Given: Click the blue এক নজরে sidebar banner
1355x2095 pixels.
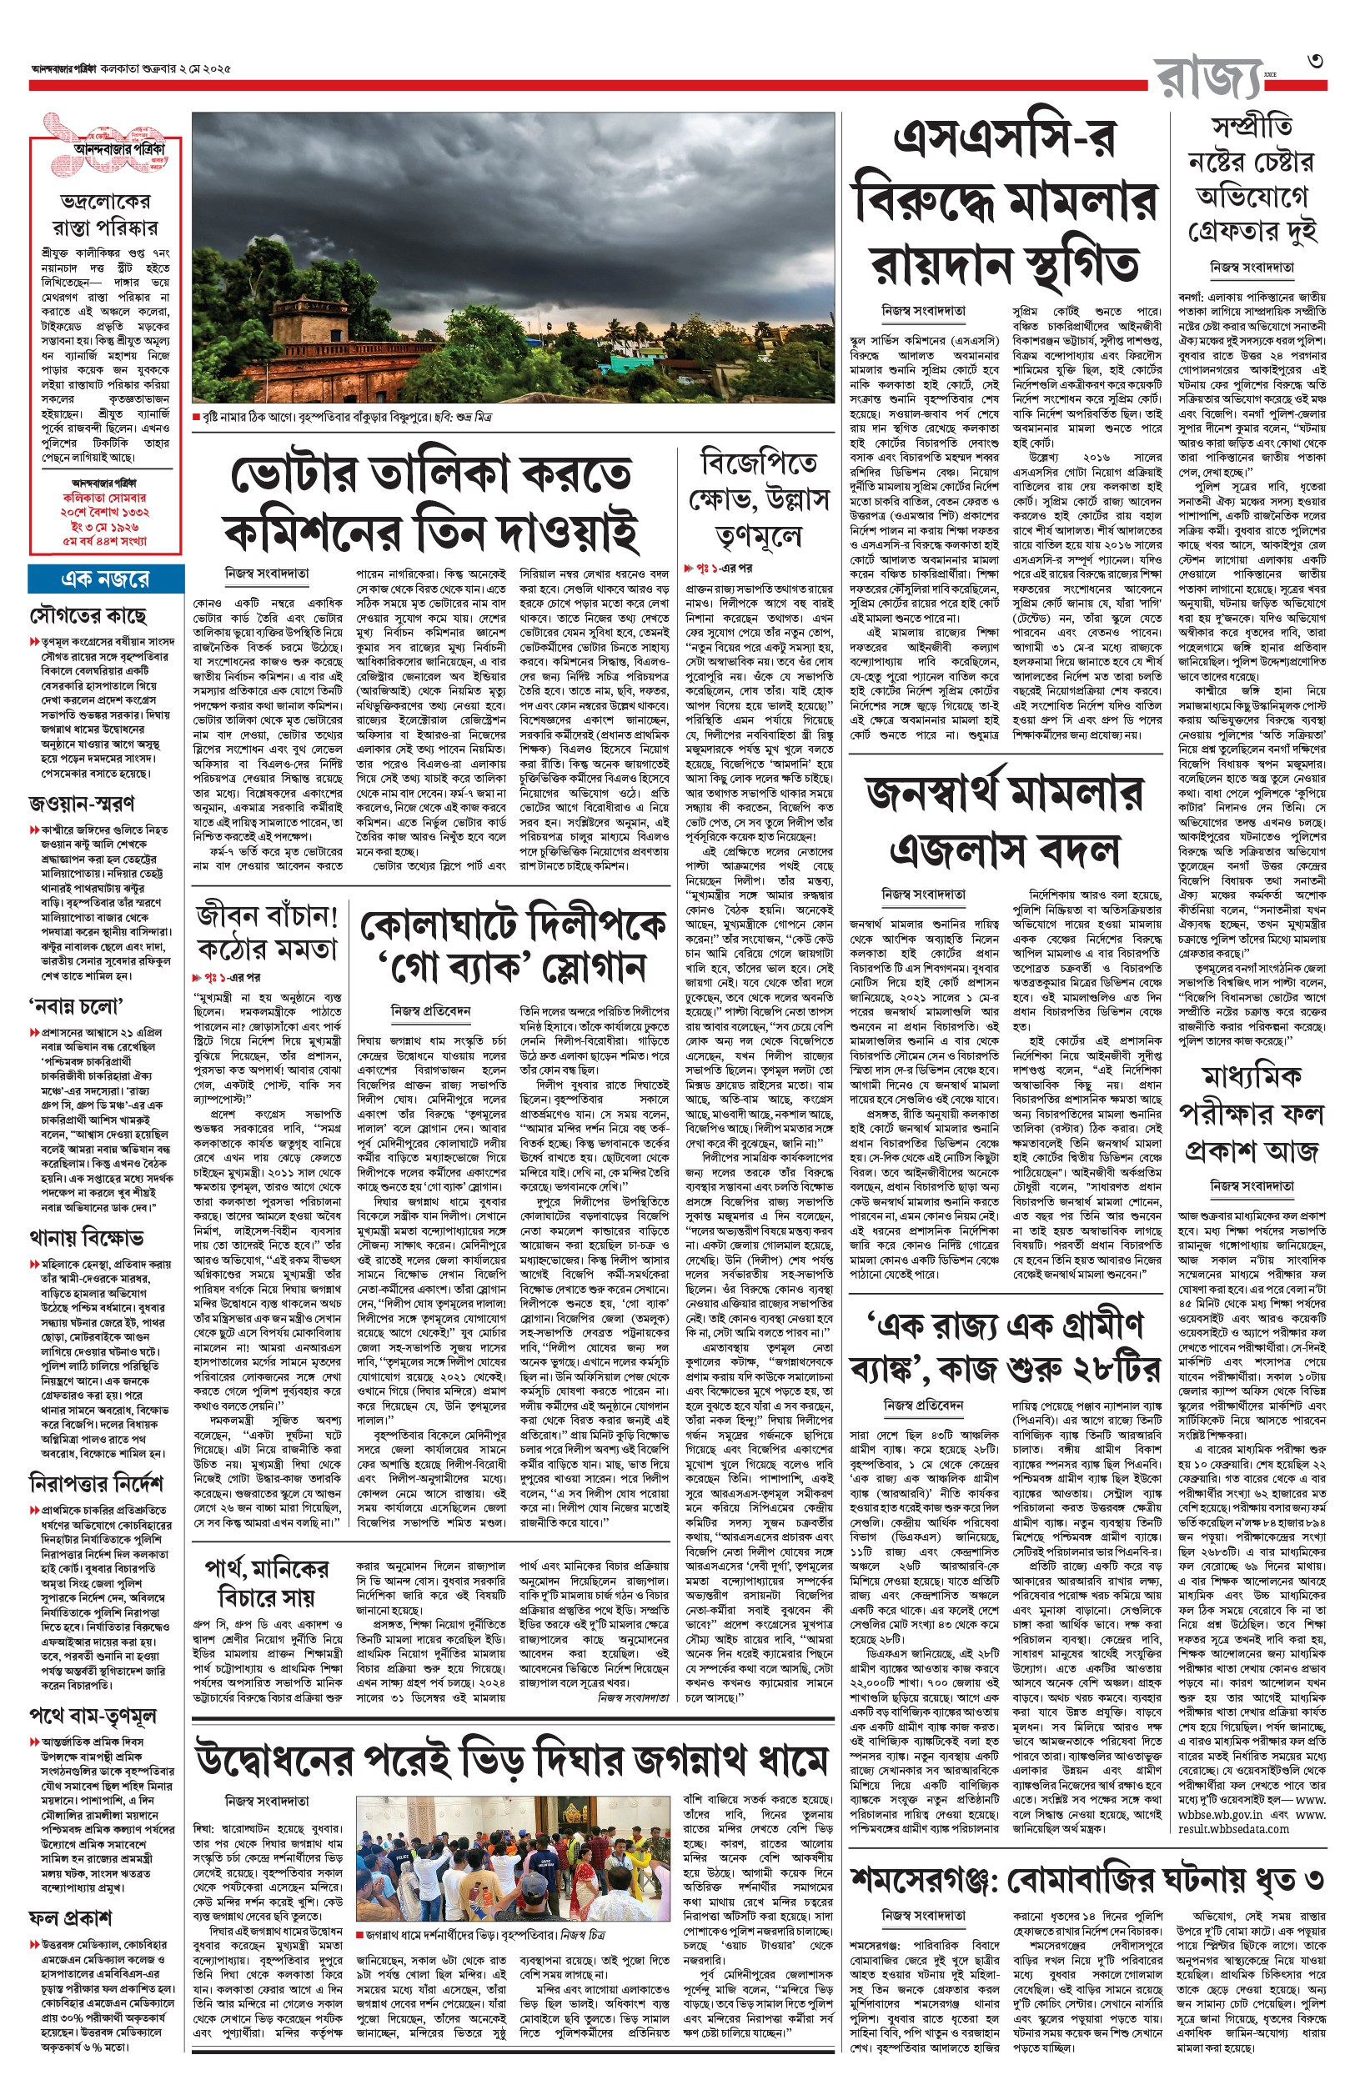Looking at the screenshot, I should tap(105, 579).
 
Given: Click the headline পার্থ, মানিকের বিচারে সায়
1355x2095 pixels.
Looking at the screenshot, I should tap(266, 1582).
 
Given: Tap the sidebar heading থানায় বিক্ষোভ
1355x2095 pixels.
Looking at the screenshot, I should tap(86, 1238).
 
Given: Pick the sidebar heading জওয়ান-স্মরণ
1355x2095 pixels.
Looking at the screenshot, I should tap(82, 803).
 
